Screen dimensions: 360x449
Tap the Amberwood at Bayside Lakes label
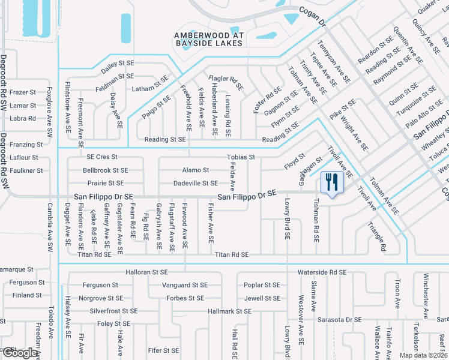click(x=209, y=39)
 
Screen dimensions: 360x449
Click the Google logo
click(x=19, y=353)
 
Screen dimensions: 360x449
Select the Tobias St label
click(x=241, y=157)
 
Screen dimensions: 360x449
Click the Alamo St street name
click(x=196, y=170)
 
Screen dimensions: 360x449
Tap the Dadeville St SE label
click(x=196, y=183)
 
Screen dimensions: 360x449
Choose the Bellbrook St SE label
click(x=106, y=170)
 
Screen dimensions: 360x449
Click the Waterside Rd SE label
click(x=322, y=272)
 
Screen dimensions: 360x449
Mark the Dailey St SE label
click(x=116, y=62)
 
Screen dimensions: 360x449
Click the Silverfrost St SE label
click(x=113, y=311)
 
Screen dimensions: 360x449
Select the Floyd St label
click(x=295, y=163)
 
